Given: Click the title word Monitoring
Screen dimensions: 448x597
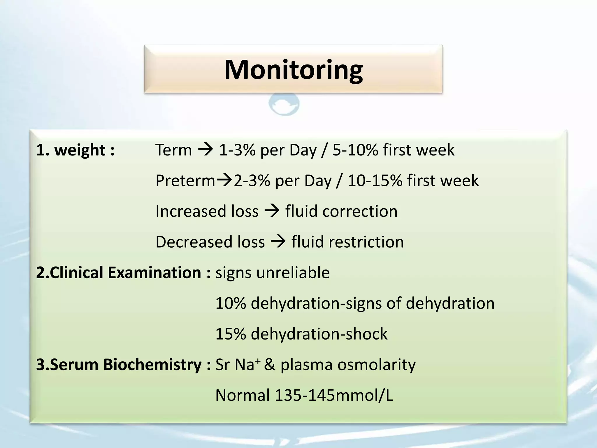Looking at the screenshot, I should (x=293, y=70).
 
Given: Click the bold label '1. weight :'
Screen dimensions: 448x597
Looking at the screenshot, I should (x=75, y=150).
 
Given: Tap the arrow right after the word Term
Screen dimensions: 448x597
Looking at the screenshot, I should (x=206, y=150).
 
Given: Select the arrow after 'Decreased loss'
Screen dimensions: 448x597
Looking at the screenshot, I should (x=278, y=242).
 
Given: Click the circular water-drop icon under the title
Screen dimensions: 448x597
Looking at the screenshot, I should (x=284, y=104).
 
